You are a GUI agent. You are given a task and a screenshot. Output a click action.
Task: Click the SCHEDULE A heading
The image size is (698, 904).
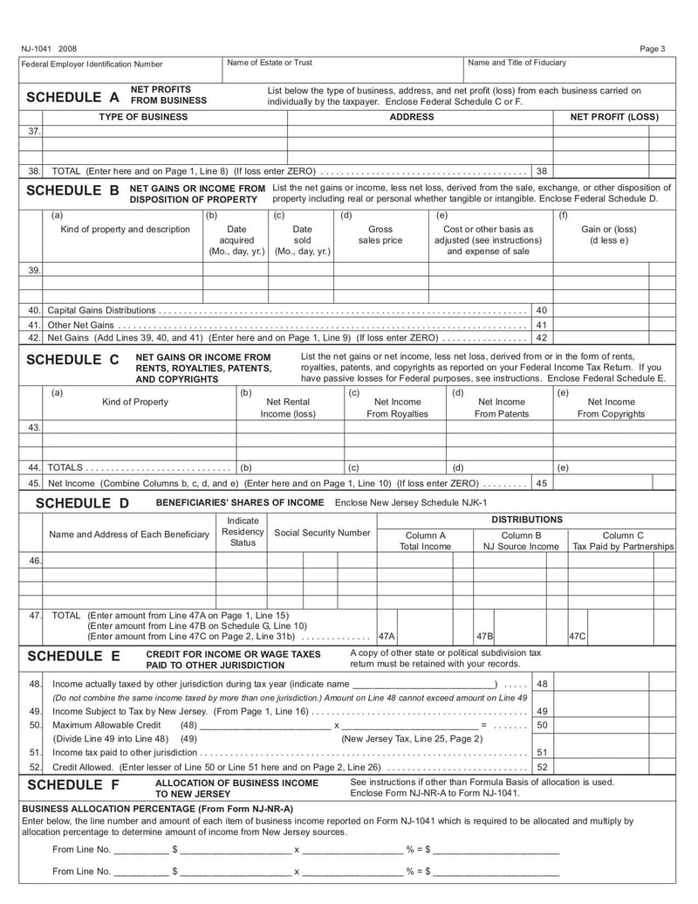point(73,97)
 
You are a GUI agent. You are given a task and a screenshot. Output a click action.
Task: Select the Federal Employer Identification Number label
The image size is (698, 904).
point(92,64)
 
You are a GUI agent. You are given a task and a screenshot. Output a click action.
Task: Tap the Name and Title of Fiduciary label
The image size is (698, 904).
point(517,63)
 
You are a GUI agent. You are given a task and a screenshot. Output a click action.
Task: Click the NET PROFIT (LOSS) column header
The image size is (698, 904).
point(614,117)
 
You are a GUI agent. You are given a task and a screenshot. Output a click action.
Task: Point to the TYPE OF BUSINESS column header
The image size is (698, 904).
point(143,117)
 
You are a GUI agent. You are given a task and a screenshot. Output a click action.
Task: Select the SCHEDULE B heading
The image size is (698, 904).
point(73,190)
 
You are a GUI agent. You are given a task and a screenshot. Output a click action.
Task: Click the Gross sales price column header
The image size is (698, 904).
point(380,235)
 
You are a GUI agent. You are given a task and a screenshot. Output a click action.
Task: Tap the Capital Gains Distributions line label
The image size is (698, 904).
point(102,310)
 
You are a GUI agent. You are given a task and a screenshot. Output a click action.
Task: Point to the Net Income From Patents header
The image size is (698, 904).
point(501,408)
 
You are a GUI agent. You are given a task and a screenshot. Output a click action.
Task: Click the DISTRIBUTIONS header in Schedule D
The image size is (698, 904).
point(526,520)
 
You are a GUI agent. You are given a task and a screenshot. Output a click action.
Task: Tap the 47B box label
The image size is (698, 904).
point(485,637)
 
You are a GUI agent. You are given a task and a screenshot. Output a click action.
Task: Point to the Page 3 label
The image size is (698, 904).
point(652,49)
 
